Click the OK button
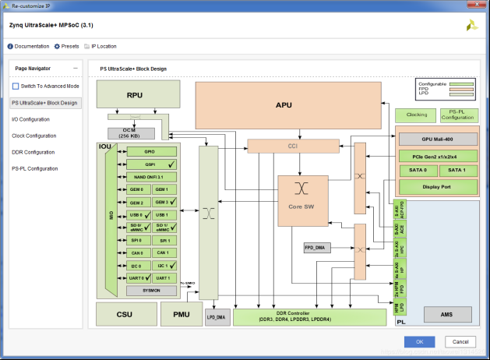[419, 341]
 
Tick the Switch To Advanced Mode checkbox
[16, 86]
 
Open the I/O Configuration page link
[31, 119]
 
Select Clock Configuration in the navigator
[34, 136]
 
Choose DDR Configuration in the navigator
[33, 152]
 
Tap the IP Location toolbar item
[104, 46]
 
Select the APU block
[288, 104]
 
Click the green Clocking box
[417, 115]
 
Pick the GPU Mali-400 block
[436, 139]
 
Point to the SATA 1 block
[457, 170]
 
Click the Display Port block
[436, 187]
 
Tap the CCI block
[294, 146]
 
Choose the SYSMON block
[150, 290]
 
